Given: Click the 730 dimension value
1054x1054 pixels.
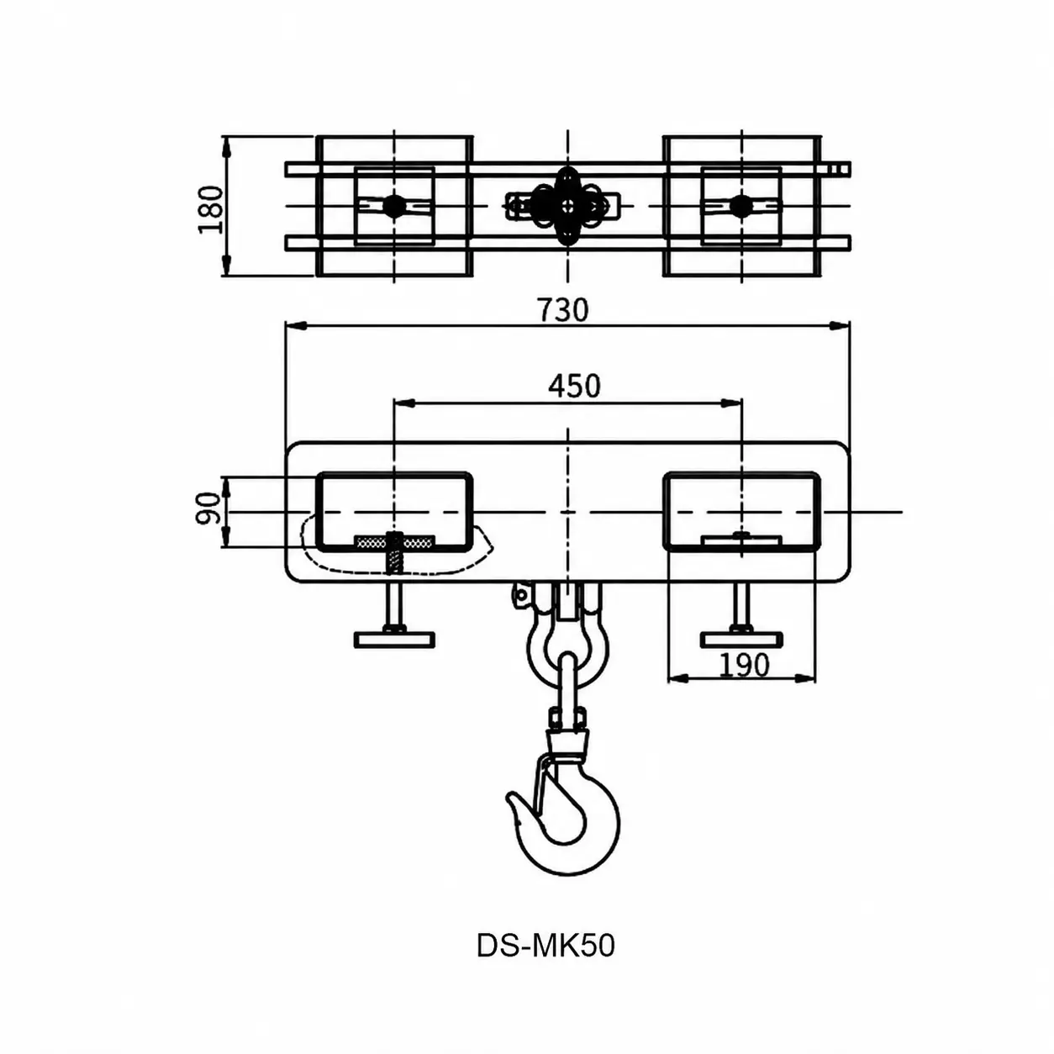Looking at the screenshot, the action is pos(563,309).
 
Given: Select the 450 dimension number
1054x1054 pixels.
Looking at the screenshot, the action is pos(574,386).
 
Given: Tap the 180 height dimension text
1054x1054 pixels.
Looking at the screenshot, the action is pos(211,210).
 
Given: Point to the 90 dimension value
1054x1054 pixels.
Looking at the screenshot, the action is pos(208,509).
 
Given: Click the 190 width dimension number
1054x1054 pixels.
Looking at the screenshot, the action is pos(744,665).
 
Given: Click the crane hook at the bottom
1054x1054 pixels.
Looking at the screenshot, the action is pos(563,820).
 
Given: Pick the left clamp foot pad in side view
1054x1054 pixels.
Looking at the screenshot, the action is pos(394,640).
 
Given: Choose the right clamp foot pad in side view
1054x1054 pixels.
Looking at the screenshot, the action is pos(741,640).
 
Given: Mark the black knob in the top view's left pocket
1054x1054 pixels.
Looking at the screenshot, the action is pos(393,206).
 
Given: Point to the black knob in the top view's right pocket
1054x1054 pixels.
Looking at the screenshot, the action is pos(741,206).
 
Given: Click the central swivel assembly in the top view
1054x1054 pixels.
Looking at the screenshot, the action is pos(567,206).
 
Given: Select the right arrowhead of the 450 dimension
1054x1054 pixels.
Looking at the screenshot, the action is pos(732,403).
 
